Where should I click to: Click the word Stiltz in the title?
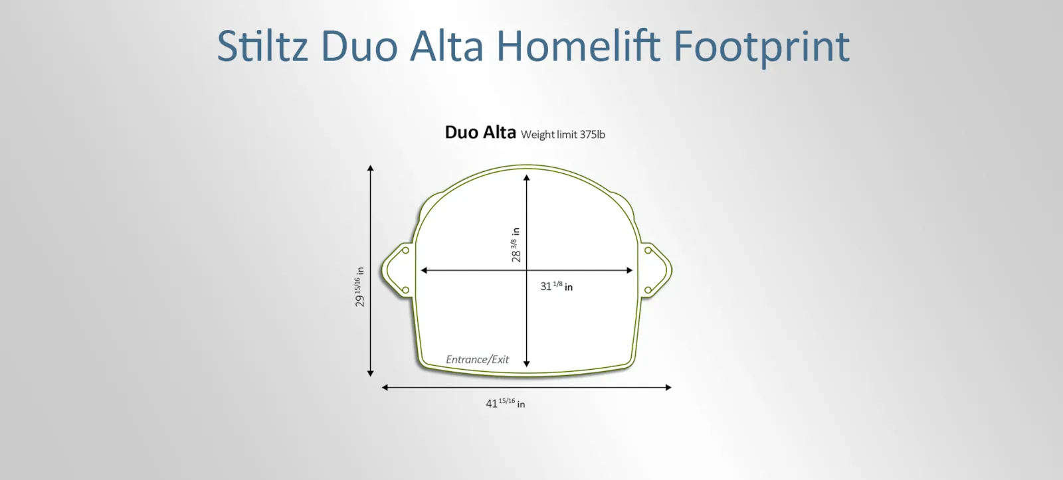coord(262,46)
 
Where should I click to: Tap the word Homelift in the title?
coord(578,46)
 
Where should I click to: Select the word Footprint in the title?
coord(761,47)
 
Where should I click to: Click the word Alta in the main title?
coord(446,46)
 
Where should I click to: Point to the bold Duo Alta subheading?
coord(480,132)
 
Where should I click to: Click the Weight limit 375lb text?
coord(563,135)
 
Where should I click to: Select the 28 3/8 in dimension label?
coord(516,245)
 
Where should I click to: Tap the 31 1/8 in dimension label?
coord(557,286)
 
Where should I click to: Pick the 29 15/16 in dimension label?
coord(359,287)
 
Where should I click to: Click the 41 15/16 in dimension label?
coord(506,403)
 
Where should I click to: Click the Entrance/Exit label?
coord(478,360)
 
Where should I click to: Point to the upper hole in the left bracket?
coord(406,250)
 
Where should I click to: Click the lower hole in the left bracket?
coord(406,290)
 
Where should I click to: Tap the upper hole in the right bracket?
coord(648,250)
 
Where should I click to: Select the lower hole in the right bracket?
coord(648,290)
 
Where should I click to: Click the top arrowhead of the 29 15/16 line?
coord(371,168)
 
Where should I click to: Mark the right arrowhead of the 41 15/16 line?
coord(668,388)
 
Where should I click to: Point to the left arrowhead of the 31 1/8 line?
coord(424,270)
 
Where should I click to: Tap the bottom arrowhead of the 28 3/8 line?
coord(526,364)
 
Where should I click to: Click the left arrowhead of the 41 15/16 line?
coord(385,388)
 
